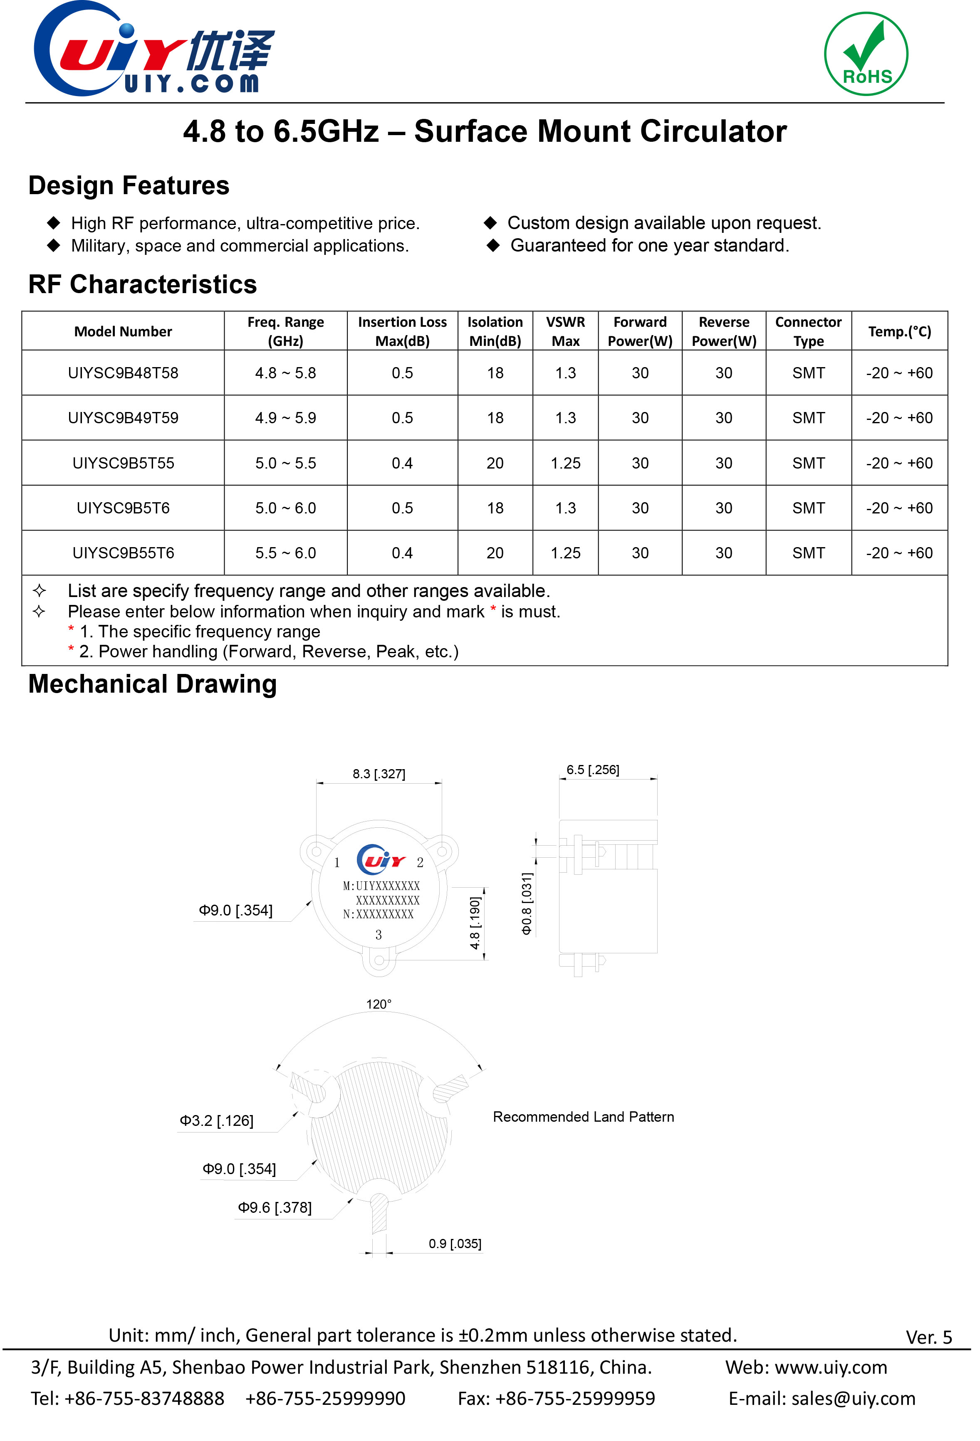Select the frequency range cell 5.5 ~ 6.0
285,553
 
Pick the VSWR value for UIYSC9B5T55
565,463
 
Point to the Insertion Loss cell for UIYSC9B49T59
402,418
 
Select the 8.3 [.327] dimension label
379,774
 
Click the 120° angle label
379,1004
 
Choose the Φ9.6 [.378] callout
275,1207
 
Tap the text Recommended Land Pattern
583,1117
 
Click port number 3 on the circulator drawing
379,935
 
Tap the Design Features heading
129,185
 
